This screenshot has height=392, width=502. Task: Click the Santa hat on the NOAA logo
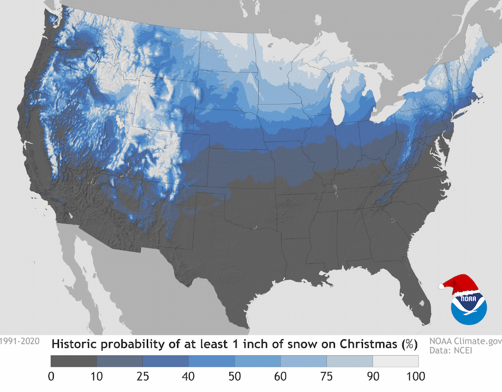point(461,284)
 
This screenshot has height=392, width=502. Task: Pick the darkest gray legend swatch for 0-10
point(74,361)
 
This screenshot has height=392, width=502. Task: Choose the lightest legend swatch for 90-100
point(395,361)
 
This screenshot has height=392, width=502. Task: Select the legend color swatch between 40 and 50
point(212,361)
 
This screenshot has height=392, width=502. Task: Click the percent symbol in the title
point(410,345)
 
